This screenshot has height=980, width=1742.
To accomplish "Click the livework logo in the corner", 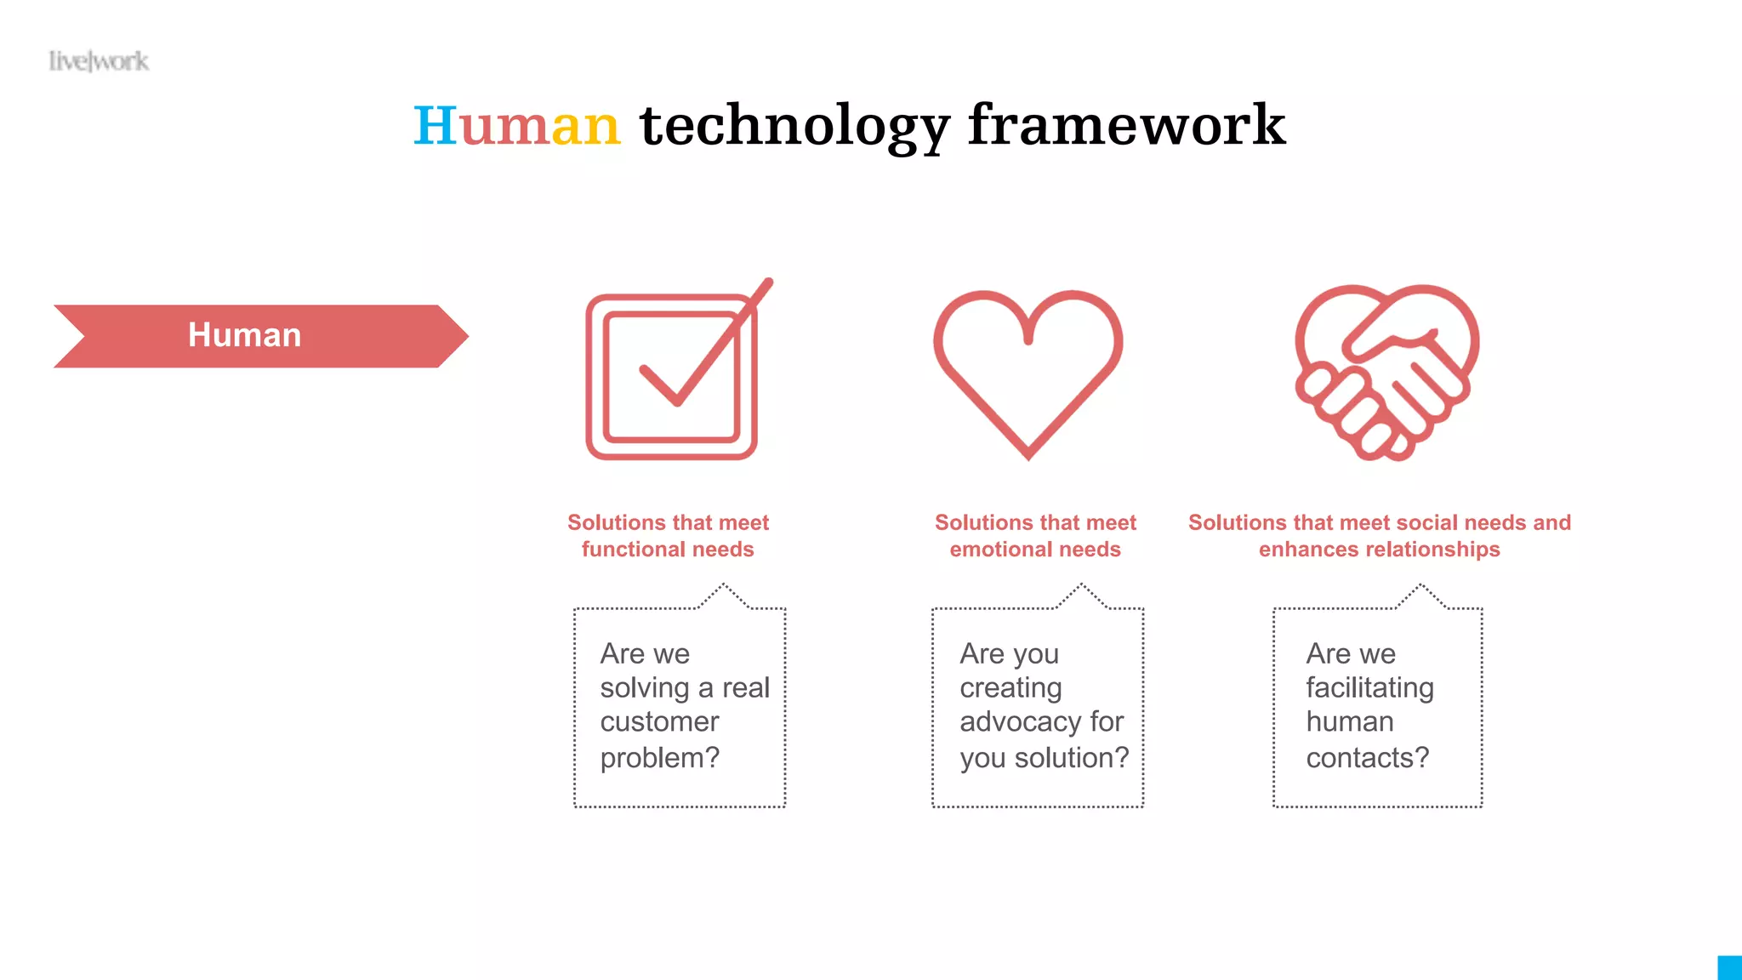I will [99, 61].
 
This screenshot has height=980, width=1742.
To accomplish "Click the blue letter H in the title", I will [435, 126].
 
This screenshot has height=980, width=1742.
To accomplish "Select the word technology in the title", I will [794, 126].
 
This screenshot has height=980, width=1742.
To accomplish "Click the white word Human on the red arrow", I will [244, 335].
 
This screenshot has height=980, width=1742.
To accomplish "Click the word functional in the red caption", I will [630, 550].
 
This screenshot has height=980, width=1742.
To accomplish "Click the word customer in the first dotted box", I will [659, 722].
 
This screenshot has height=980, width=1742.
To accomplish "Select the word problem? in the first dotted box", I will [659, 757].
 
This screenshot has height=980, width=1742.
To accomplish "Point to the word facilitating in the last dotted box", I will [1369, 687].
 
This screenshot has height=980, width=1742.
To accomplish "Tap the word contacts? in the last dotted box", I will [1367, 757].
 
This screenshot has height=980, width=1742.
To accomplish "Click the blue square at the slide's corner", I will [1730, 968].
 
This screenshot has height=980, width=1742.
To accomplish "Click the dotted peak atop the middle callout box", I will [1082, 587].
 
